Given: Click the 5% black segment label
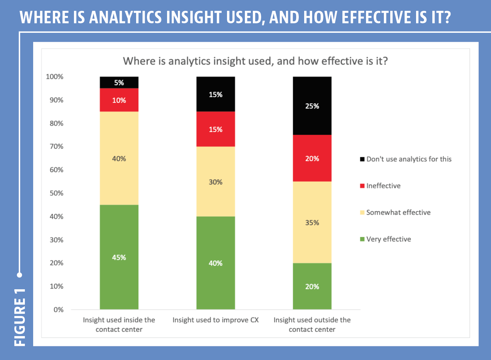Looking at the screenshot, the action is coord(119,83).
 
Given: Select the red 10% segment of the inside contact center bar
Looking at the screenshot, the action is coord(119,100).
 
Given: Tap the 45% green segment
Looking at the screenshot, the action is coord(119,257).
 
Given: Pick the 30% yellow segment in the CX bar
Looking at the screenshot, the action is coord(216,182).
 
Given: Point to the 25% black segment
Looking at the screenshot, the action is coord(312,106).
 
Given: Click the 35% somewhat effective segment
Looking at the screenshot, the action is coord(312,222).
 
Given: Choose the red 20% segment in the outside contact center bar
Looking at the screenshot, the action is coord(312,158).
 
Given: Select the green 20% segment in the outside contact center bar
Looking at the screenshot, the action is coord(312,286).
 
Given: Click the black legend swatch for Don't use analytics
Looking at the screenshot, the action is coord(362,159).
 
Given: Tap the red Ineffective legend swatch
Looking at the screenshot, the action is coord(362,186).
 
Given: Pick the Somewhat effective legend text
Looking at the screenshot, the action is coord(399,212).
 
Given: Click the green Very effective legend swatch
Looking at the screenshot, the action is coord(362,239).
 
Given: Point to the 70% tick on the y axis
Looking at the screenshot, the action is coord(56,146).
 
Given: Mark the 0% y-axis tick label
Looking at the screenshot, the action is coord(59,310).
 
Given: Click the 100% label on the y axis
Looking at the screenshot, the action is coord(55,77).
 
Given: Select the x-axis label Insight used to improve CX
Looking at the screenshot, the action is coord(216,320).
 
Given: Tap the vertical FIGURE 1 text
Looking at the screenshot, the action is coord(20,317).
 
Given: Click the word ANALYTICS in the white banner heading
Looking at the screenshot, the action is coord(125,17).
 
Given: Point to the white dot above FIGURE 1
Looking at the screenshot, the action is coord(19,275).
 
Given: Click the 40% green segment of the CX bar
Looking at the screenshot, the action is coord(216,263).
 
